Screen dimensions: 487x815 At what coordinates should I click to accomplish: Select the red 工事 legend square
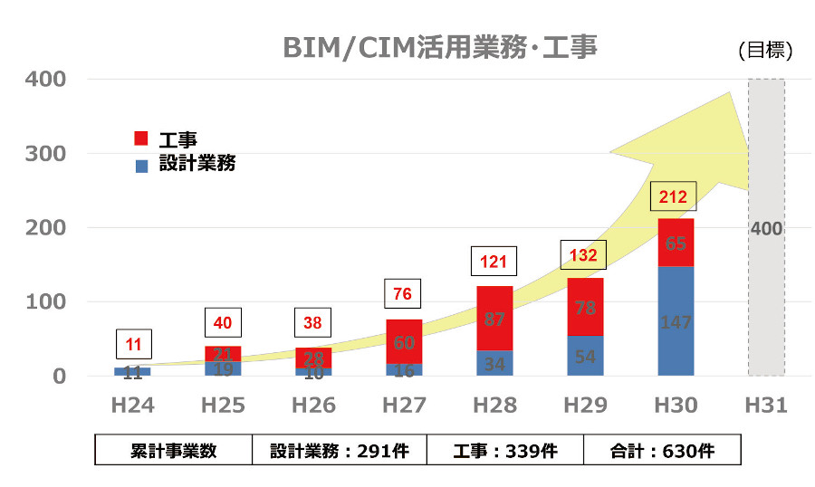pyautogui.click(x=140, y=138)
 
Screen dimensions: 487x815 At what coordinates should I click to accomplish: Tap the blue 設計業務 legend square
pyautogui.click(x=140, y=166)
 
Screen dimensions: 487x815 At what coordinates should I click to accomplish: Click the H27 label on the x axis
pyautogui.click(x=403, y=406)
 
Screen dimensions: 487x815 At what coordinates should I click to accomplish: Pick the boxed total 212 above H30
pyautogui.click(x=673, y=196)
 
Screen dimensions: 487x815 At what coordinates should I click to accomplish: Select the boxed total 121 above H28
pyautogui.click(x=493, y=263)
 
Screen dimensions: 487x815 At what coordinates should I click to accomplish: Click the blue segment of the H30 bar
pyautogui.click(x=675, y=321)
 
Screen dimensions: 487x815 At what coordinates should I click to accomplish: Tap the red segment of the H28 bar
pyautogui.click(x=494, y=319)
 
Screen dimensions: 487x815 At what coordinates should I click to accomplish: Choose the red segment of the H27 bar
pyautogui.click(x=403, y=341)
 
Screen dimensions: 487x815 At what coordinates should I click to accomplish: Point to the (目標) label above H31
pyautogui.click(x=765, y=52)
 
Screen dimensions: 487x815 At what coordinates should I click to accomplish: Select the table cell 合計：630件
pyautogui.click(x=662, y=451)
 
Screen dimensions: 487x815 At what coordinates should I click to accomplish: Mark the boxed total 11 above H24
pyautogui.click(x=133, y=345)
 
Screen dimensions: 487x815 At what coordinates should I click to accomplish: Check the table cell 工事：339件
pyautogui.click(x=505, y=451)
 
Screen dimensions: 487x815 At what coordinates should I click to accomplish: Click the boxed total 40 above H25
pyautogui.click(x=223, y=323)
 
